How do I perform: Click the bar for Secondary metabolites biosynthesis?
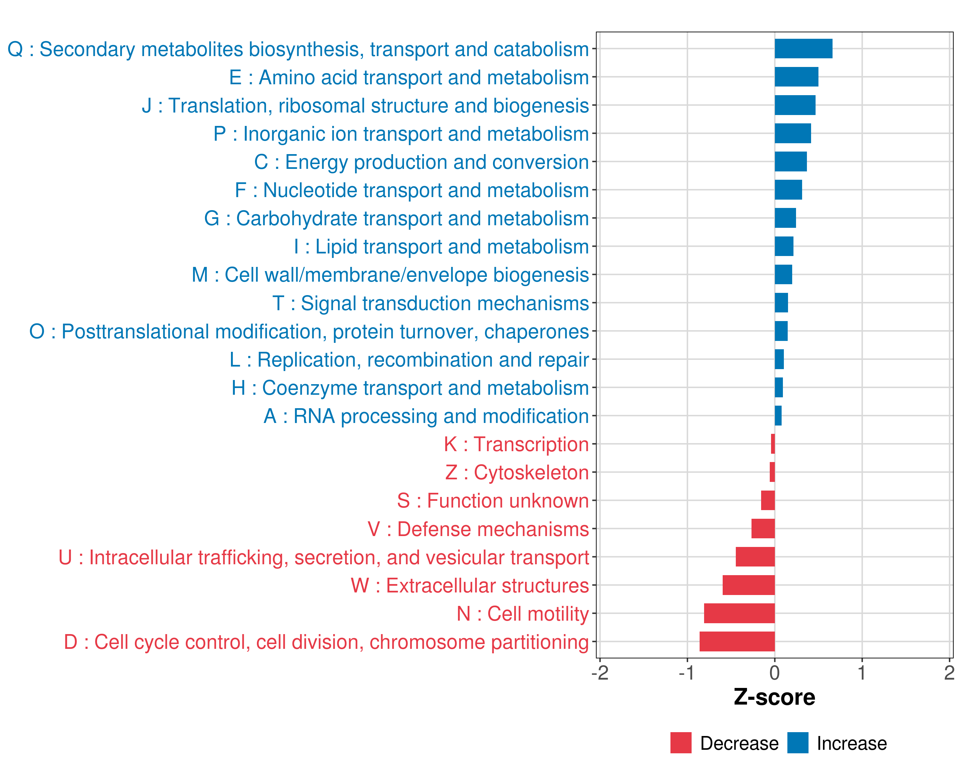pos(803,49)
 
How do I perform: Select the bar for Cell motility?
pos(739,613)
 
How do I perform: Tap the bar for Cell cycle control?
pos(737,641)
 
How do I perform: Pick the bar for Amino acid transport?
pos(796,77)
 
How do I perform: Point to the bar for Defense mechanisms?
pos(763,528)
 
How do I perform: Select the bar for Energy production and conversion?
pos(790,161)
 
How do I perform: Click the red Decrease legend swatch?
pos(681,743)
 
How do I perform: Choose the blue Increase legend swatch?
pos(797,743)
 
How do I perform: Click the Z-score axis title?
pos(774,697)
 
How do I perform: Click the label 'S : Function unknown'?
pos(493,500)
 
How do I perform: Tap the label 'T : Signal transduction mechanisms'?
pos(430,303)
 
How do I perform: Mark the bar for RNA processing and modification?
pos(778,416)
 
